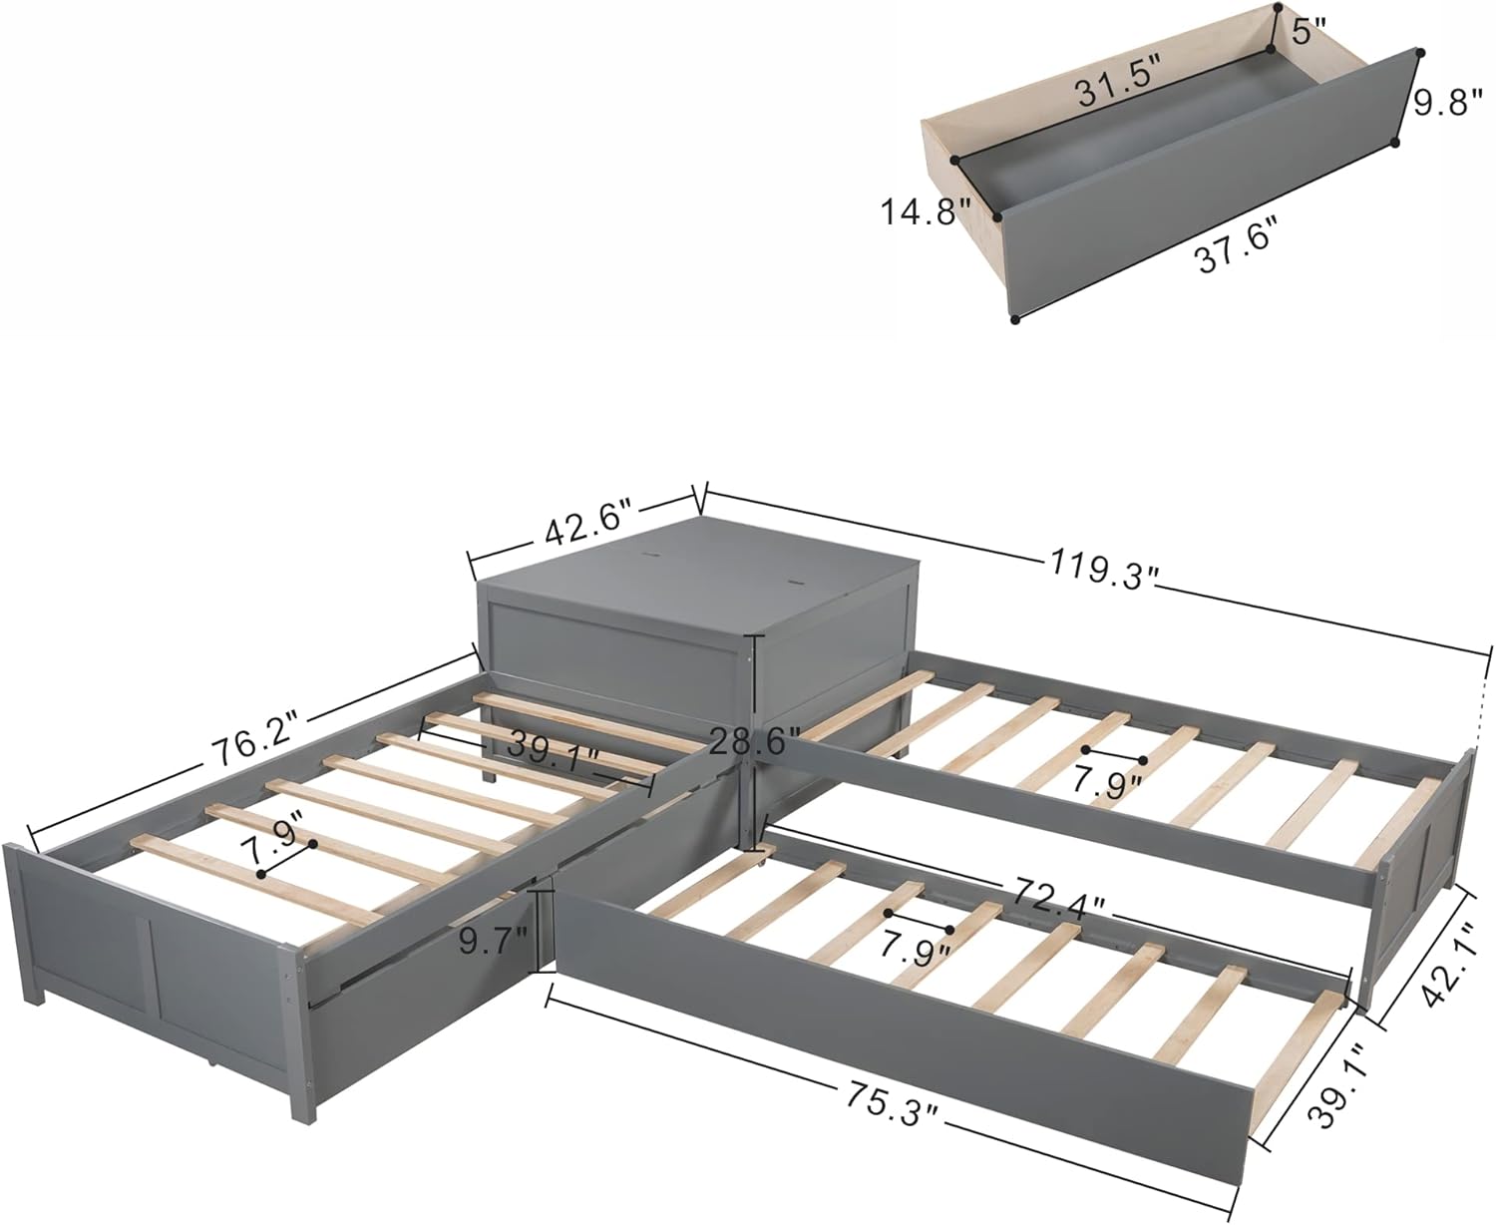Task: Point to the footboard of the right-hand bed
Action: click(1421, 828)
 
